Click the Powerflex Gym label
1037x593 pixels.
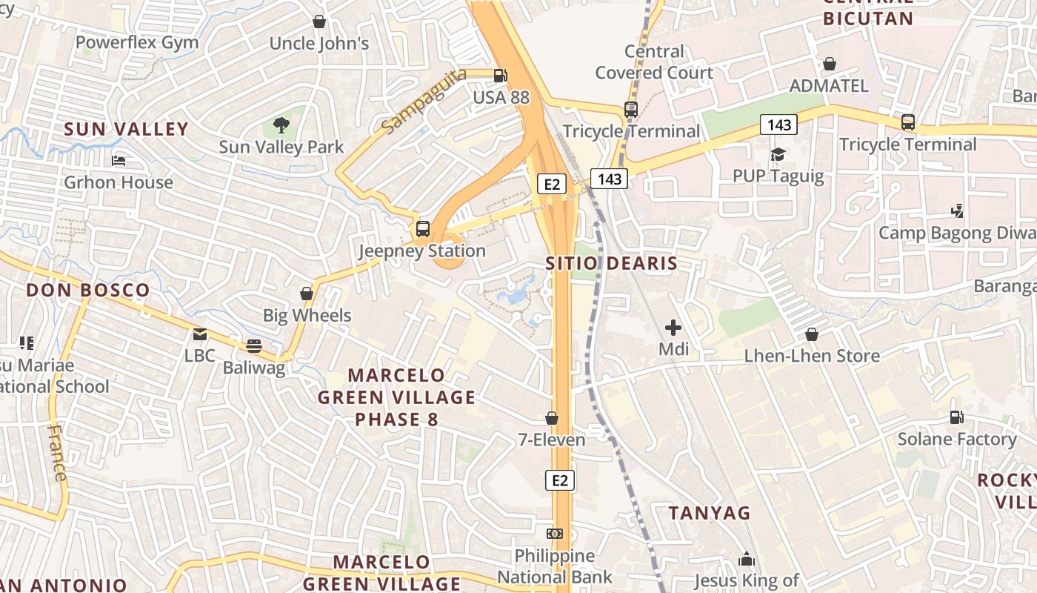click(137, 42)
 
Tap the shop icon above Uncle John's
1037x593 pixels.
click(319, 21)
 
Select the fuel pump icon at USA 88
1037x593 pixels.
click(501, 75)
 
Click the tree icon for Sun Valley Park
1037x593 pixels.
click(281, 125)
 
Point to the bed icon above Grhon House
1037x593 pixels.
click(119, 160)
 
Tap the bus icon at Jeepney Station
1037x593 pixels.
click(423, 229)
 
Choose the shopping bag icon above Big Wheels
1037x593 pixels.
click(307, 294)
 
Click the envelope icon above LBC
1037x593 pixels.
click(200, 334)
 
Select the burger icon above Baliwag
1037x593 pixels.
click(254, 346)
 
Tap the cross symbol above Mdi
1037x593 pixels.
click(673, 327)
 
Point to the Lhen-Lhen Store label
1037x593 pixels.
click(812, 356)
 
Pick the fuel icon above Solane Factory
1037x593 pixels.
click(957, 418)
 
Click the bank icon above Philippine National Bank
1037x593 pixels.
click(554, 534)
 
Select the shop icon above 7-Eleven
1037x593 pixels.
click(552, 418)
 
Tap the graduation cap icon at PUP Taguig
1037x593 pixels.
click(778, 154)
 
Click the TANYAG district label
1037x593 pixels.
click(710, 513)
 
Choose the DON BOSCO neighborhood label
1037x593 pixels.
click(88, 290)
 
